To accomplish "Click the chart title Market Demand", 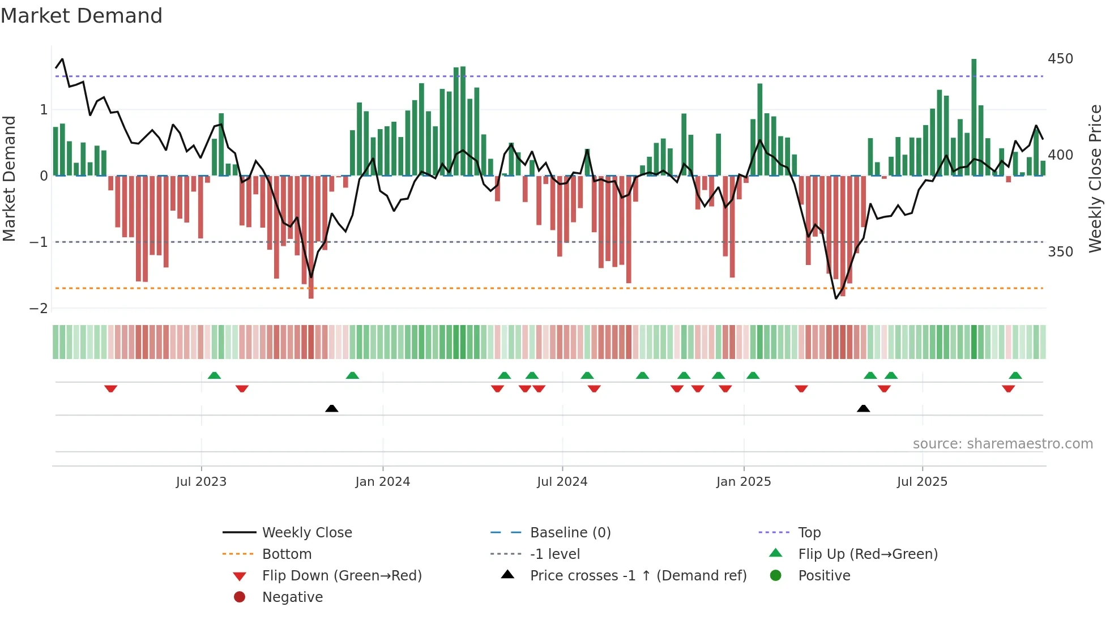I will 82,16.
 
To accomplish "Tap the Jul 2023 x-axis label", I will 201,482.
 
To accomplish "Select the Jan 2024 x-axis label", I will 382,482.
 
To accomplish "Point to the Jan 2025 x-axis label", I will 743,482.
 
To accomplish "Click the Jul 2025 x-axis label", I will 922,482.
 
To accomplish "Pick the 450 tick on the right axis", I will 1060,59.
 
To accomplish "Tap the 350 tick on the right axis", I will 1060,251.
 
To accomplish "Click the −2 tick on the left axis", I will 39,309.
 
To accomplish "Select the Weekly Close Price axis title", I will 1095,178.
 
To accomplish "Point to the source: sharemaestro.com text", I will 1002,444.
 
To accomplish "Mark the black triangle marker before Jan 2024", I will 332,408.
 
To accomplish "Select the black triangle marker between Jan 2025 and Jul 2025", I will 863,408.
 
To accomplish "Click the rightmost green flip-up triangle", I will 1015,375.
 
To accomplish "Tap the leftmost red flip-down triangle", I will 111,388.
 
